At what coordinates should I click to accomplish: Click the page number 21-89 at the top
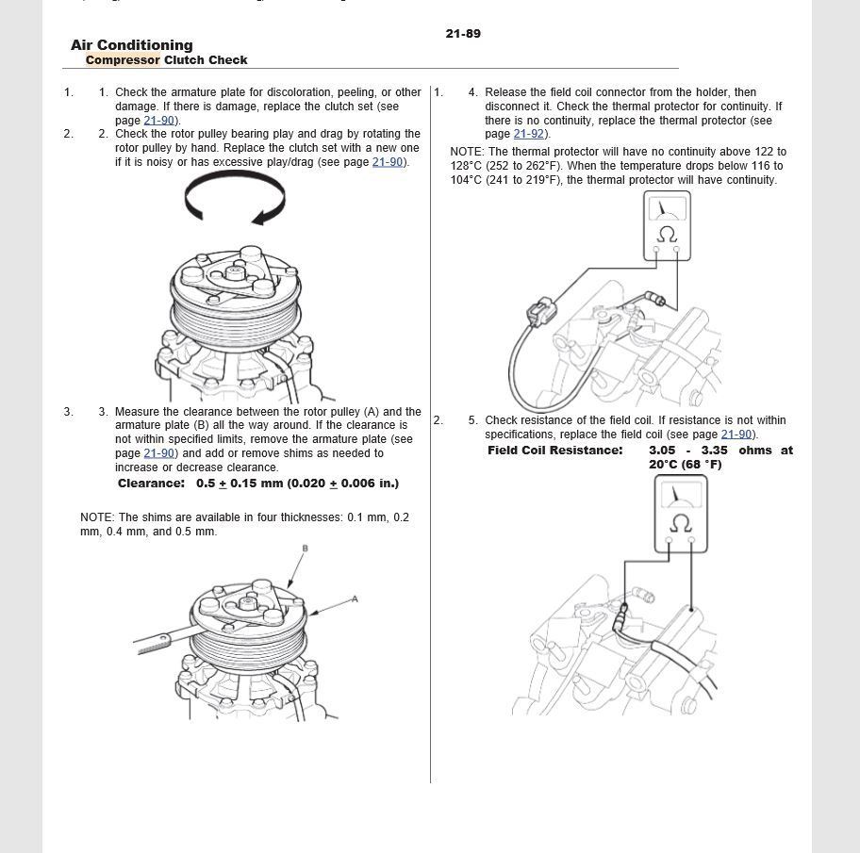click(463, 34)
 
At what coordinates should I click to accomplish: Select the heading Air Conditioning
click(131, 45)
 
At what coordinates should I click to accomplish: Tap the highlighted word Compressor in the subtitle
click(123, 60)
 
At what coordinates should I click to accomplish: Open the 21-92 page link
click(529, 134)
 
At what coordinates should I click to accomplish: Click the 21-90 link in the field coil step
click(736, 435)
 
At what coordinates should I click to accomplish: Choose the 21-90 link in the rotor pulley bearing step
click(388, 162)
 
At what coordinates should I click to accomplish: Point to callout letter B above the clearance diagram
click(305, 549)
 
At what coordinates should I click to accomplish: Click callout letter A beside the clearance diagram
click(355, 599)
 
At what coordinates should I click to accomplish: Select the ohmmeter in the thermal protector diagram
click(667, 226)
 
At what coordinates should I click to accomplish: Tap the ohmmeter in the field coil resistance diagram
click(680, 514)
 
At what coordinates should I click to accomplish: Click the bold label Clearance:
click(151, 484)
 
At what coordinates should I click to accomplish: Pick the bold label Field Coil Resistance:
click(554, 451)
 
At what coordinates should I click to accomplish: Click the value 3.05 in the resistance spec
click(662, 451)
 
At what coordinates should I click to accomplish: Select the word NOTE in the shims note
click(96, 517)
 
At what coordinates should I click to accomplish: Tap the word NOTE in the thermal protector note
click(466, 152)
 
